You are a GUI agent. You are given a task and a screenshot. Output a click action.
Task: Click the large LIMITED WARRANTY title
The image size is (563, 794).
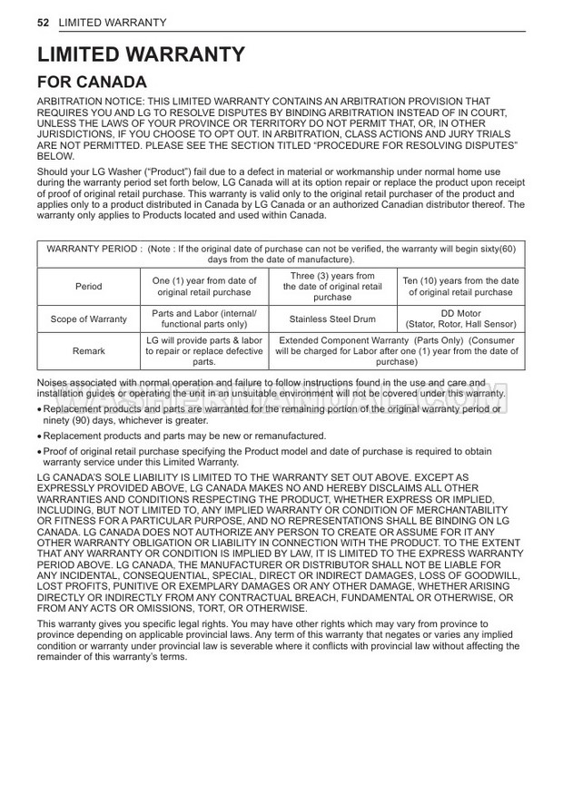click(x=142, y=54)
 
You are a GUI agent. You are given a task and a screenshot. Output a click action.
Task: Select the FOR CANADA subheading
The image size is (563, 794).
click(x=92, y=83)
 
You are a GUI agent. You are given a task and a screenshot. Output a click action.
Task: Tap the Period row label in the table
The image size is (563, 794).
click(x=89, y=287)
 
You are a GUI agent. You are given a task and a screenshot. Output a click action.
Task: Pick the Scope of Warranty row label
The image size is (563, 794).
click(x=89, y=319)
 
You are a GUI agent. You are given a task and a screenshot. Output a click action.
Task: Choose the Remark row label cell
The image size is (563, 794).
click(x=89, y=350)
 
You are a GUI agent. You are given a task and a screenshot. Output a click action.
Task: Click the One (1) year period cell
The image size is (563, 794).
click(x=204, y=287)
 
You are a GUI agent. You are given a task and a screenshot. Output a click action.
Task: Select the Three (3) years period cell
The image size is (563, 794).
click(x=332, y=287)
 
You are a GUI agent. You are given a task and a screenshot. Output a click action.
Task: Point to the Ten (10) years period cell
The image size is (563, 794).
click(x=460, y=287)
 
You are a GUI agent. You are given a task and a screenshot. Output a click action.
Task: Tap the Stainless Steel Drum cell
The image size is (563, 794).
click(x=332, y=319)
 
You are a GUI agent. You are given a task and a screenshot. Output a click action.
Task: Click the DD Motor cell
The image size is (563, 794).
click(x=460, y=319)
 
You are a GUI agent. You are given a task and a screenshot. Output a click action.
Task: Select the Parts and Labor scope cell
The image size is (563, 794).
click(x=204, y=319)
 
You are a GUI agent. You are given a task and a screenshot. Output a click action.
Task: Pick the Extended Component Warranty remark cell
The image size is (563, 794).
click(x=397, y=350)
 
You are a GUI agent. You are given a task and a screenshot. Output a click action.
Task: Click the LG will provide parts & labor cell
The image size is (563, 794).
click(x=204, y=350)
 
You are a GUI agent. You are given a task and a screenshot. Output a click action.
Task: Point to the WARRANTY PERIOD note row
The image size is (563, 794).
click(x=281, y=254)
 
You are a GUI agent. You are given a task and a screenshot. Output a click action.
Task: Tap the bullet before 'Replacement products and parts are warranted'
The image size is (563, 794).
click(x=40, y=410)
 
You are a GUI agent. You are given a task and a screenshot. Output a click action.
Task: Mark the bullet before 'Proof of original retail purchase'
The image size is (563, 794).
click(x=40, y=452)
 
